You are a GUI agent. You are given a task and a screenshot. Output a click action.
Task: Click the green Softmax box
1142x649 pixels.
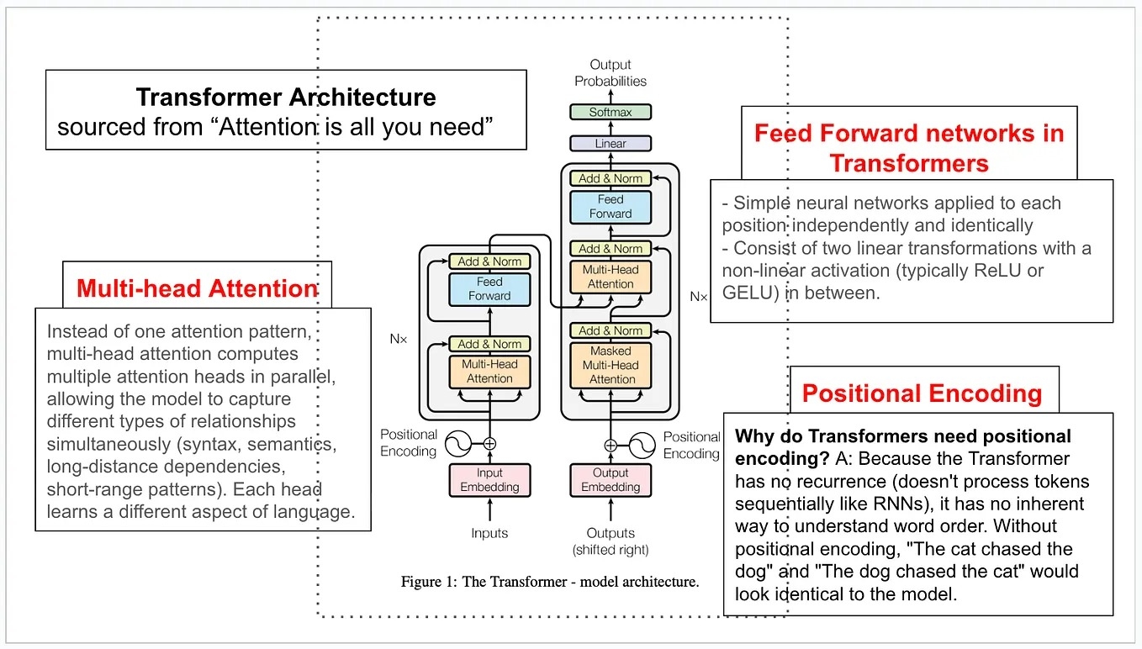point(611,112)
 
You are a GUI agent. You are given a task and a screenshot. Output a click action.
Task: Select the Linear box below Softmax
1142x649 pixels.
point(611,144)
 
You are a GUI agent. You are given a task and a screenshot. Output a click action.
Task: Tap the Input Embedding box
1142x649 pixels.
point(489,479)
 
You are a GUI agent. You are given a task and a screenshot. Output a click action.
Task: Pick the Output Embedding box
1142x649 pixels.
point(611,479)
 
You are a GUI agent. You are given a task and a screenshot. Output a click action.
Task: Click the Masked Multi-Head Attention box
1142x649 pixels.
point(611,365)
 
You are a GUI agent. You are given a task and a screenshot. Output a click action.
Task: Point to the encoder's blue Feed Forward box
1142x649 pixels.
point(489,288)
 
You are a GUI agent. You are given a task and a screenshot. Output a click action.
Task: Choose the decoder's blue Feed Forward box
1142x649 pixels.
point(611,207)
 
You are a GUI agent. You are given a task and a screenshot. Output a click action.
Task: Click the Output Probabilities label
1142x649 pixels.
point(611,72)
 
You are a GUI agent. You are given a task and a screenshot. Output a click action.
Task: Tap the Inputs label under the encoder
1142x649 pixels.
point(489,533)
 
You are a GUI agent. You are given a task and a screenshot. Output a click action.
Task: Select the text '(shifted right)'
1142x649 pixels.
point(611,550)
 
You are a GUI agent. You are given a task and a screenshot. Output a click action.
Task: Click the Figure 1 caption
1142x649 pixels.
point(550,581)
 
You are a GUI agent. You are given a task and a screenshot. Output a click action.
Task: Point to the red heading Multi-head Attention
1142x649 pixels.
point(197,288)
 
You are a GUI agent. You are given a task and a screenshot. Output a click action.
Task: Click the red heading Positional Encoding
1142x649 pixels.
point(922,393)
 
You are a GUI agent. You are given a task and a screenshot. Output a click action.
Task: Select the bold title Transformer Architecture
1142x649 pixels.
point(286,97)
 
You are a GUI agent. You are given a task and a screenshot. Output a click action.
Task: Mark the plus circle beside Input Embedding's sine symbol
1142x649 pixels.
point(489,443)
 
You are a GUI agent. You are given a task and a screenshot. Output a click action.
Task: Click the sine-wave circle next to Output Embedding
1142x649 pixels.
point(642,444)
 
